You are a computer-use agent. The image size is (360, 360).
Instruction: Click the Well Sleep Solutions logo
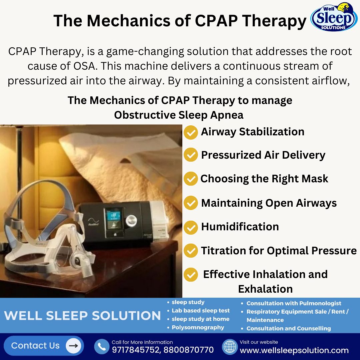pos(334,17)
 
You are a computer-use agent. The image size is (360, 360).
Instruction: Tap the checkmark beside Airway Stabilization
pos(191,132)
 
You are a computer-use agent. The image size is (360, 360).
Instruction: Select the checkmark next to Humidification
pos(191,227)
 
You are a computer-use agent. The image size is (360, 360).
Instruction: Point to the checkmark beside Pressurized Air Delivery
pos(191,155)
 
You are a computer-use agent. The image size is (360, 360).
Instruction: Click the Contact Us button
pos(44,346)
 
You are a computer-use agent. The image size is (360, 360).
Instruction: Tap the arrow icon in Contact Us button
pos(73,346)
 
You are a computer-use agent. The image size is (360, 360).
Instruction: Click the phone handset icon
pos(101,347)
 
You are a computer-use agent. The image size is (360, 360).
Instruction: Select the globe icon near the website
pos(229,347)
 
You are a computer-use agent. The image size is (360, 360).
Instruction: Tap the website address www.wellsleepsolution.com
pos(294,350)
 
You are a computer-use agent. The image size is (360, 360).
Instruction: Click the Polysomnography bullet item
pos(198,327)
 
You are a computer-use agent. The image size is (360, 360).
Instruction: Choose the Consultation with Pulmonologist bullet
pos(293,303)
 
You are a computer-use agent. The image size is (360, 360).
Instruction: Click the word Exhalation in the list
pos(265,289)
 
